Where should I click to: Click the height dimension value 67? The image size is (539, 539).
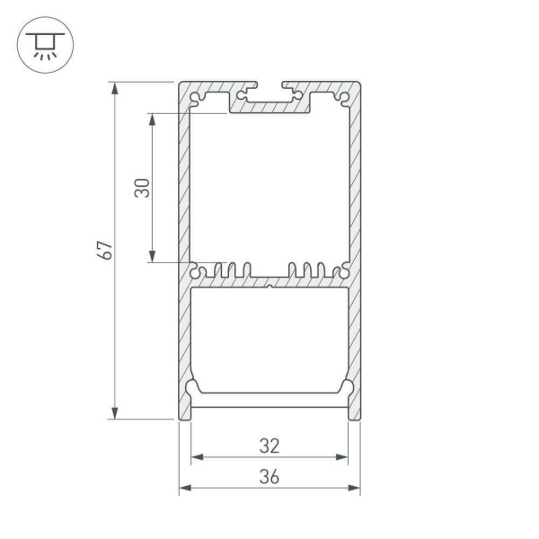click(x=105, y=251)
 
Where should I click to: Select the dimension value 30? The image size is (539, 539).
click(x=141, y=188)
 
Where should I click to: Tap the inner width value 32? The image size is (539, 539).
click(x=269, y=445)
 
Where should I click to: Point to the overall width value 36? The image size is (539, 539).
click(x=269, y=477)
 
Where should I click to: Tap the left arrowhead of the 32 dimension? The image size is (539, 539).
click(x=195, y=457)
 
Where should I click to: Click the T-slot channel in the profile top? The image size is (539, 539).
click(x=269, y=96)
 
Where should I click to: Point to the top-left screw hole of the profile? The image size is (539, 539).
click(x=196, y=97)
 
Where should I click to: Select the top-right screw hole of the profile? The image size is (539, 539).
click(x=343, y=97)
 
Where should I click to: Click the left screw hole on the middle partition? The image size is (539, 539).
click(x=197, y=269)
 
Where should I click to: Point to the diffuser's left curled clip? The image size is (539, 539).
click(x=193, y=387)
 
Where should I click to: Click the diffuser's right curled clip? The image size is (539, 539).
click(x=346, y=387)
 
